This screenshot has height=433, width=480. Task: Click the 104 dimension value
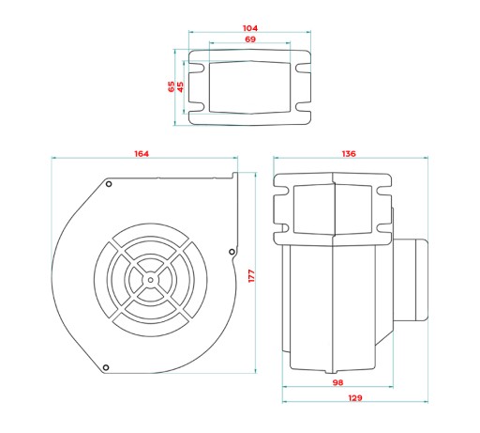pyautogui.click(x=250, y=28)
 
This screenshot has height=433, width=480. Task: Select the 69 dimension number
pyautogui.click(x=250, y=39)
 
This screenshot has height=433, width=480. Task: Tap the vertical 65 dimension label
pyautogui.click(x=172, y=86)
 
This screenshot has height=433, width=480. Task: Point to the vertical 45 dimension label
pyautogui.click(x=180, y=86)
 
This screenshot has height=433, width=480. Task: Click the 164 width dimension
pyautogui.click(x=142, y=154)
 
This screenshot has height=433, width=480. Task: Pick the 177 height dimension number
pyautogui.click(x=251, y=276)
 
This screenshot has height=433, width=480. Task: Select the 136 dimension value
pyautogui.click(x=349, y=154)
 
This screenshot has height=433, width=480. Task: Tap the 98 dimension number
pyautogui.click(x=337, y=382)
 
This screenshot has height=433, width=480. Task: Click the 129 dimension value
pyautogui.click(x=355, y=398)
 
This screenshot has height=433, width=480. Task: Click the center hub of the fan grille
pyautogui.click(x=151, y=280)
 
